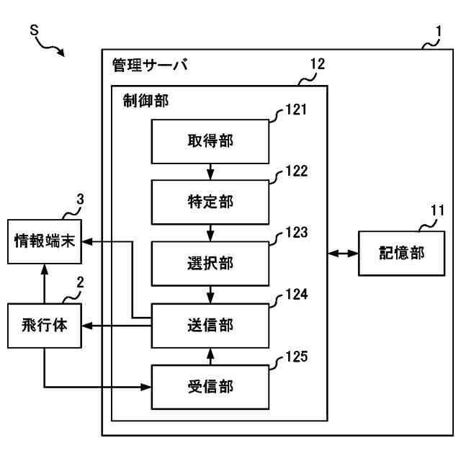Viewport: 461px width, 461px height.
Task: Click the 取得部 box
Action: [210, 141]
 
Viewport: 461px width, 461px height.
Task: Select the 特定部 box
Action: [210, 202]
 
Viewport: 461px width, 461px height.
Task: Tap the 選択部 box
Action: [210, 264]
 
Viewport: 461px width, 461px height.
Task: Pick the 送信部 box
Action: [210, 326]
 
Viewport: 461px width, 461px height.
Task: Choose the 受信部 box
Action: [210, 387]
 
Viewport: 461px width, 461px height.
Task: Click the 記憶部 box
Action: [401, 253]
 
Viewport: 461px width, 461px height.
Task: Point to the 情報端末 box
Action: [45, 241]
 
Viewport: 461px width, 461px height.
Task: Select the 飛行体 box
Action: [45, 326]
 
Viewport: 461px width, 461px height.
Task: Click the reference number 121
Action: [296, 109]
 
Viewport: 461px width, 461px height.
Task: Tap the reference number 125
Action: [297, 357]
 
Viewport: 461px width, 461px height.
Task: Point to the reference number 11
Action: [437, 210]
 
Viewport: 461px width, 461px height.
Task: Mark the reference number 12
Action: [318, 64]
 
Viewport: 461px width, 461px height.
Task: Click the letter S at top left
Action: [35, 30]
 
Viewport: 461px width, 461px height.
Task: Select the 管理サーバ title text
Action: [150, 65]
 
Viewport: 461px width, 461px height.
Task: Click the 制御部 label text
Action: [146, 101]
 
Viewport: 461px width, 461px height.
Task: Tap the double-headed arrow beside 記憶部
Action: [343, 253]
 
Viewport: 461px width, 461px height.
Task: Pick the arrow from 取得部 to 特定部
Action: [210, 171]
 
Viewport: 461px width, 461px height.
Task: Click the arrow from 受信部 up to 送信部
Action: [210, 357]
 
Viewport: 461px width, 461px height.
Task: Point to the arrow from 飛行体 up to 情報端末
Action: [45, 284]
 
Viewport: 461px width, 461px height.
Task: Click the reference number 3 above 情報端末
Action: [80, 200]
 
